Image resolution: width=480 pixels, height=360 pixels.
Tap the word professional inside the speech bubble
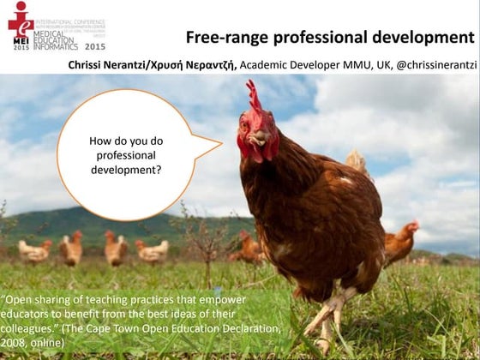pos(126,155)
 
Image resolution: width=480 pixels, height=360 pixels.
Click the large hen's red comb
pos(254,96)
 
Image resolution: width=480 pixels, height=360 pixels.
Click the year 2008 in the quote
pos(15,343)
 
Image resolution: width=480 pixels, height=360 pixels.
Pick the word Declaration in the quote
pos(246,329)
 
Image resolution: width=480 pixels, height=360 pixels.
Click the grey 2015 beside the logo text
pos(95,46)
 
